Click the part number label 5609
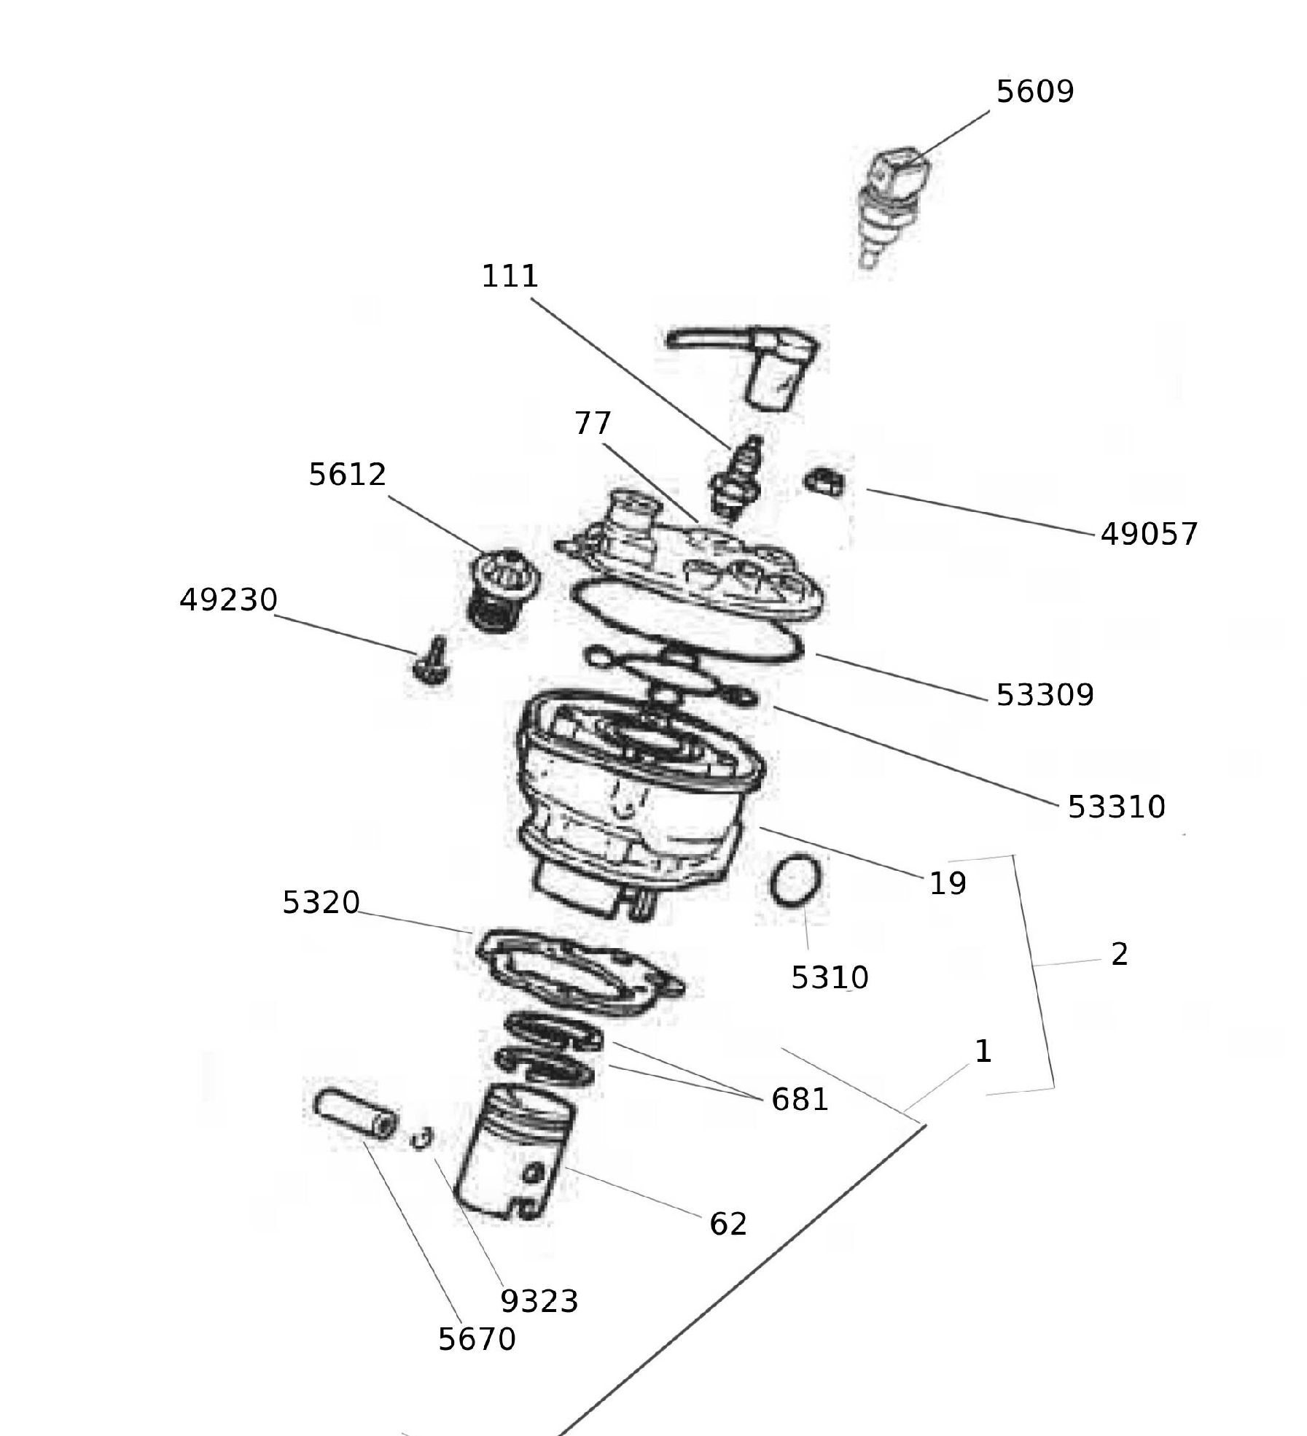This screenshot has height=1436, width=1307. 1034,92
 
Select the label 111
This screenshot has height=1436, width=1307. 510,276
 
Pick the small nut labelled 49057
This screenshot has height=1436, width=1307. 824,481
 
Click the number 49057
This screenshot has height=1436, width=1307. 1148,534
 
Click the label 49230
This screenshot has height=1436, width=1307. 228,600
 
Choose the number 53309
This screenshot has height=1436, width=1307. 1044,695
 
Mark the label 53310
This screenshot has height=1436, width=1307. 1115,807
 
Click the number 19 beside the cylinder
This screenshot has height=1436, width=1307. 947,884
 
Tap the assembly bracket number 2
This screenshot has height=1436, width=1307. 1119,955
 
